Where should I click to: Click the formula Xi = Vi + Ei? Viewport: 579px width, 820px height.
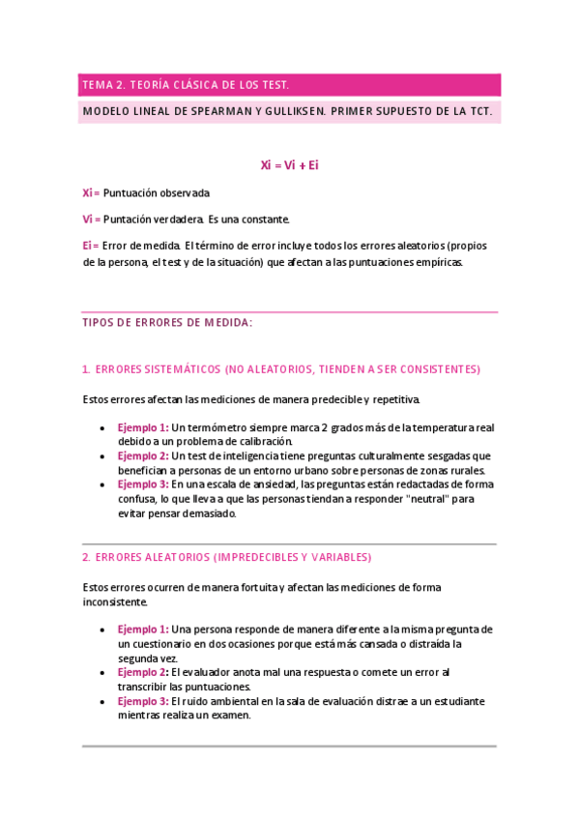click(x=289, y=165)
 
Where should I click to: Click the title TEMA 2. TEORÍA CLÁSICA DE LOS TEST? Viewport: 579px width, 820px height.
click(x=186, y=85)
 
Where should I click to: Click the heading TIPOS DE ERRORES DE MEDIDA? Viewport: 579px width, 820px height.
click(x=167, y=324)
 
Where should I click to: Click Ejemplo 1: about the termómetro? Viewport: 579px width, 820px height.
click(x=143, y=427)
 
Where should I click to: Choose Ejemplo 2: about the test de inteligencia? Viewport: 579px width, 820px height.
click(x=143, y=455)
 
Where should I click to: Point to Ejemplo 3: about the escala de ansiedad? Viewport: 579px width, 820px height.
click(x=143, y=484)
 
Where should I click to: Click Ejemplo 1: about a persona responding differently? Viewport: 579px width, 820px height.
click(x=143, y=629)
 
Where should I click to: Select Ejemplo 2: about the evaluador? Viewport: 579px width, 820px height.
click(x=143, y=672)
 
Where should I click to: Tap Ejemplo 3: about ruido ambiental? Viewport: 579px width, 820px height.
click(x=143, y=701)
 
